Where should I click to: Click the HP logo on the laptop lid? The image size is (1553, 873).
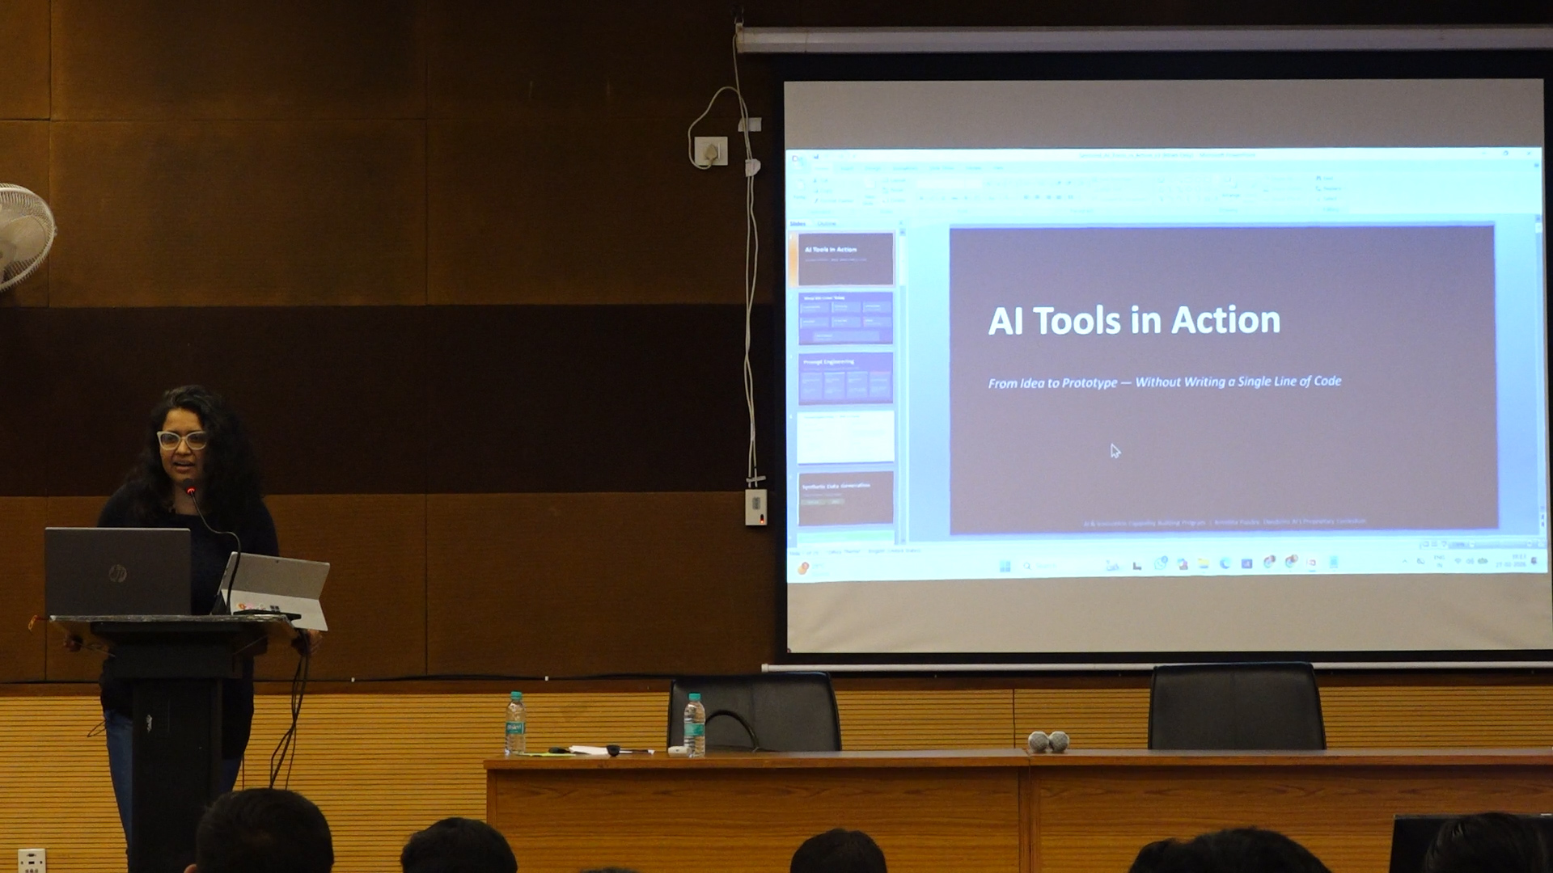coord(117,573)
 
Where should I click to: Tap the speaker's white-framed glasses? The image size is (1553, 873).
coord(182,440)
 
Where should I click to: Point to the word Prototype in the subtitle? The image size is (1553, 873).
coord(1080,383)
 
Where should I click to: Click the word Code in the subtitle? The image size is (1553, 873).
coord(1327,381)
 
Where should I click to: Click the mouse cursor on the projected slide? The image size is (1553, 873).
coord(1115,450)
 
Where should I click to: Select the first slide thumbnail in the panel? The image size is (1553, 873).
coord(845,258)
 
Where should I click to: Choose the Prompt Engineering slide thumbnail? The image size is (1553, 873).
coord(845,377)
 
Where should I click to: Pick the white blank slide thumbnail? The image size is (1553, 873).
coord(845,437)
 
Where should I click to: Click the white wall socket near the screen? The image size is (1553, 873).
coord(711,151)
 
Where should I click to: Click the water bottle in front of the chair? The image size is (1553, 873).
coord(694,725)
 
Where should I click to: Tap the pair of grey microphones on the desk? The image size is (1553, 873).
coord(1048,740)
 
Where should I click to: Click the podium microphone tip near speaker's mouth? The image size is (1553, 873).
coord(189,487)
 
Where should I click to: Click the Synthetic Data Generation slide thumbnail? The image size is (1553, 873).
coord(845,497)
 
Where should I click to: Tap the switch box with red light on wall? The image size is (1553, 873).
coord(755,507)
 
